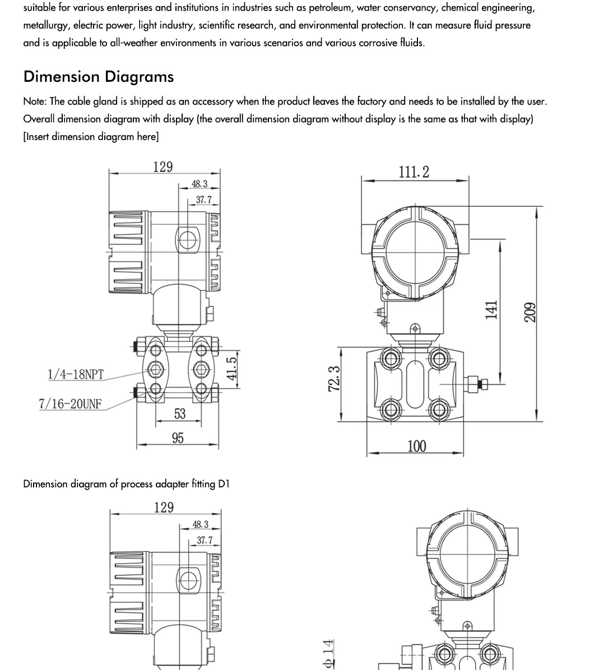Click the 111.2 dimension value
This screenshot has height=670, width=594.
tap(414, 172)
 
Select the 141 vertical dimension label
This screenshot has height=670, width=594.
tap(491, 310)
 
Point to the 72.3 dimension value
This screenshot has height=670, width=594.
tap(335, 379)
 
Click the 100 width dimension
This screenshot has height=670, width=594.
tap(416, 446)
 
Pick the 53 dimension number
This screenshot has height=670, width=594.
tap(179, 414)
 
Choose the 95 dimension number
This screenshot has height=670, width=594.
tap(178, 438)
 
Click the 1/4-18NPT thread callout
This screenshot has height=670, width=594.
tap(76, 374)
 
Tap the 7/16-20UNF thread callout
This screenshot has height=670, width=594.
tap(70, 403)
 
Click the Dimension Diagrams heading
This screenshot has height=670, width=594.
tap(98, 77)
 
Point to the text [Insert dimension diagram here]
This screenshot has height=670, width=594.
tap(91, 137)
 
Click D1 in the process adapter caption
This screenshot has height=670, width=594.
tap(224, 484)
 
